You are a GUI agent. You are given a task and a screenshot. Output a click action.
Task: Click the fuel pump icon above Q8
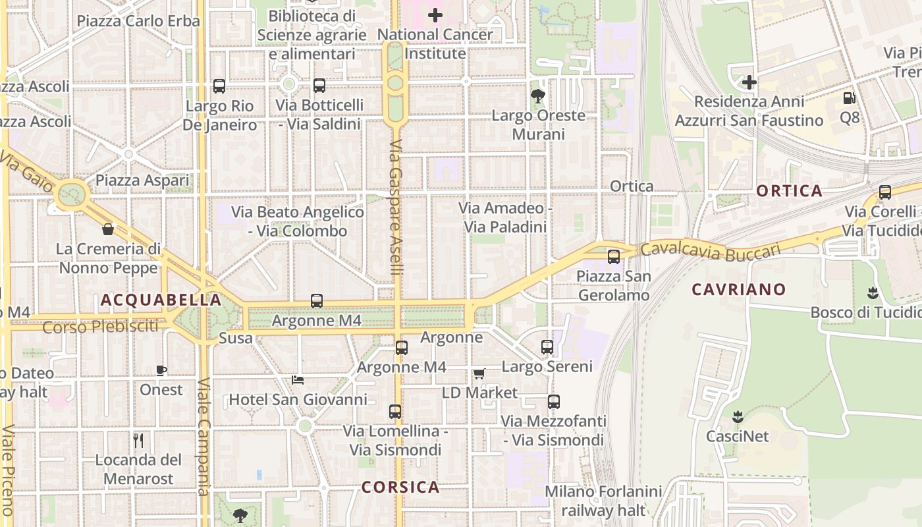849,98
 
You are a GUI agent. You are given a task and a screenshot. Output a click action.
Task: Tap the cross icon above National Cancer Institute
435,14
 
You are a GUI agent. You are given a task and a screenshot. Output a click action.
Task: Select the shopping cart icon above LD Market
479,374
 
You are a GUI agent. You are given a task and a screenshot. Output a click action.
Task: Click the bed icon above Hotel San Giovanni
298,379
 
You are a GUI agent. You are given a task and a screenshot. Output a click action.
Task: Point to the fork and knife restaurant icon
138,440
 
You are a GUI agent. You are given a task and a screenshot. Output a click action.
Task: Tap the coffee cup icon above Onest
161,370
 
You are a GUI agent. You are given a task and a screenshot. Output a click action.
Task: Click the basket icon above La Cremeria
108,229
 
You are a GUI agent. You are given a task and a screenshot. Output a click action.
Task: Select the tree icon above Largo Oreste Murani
538,96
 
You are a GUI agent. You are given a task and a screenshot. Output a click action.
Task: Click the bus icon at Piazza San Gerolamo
614,256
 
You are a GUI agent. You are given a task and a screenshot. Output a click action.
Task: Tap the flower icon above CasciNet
738,416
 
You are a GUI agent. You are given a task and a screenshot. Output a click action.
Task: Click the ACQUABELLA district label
161,300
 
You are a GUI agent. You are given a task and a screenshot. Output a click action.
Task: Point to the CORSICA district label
400,487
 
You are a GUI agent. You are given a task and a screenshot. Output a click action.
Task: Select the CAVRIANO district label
739,289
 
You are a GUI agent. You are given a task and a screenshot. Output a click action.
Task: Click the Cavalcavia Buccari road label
710,251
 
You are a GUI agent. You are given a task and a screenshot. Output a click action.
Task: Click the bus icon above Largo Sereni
547,347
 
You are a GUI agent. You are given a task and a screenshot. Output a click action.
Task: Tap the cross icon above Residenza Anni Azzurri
749,82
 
